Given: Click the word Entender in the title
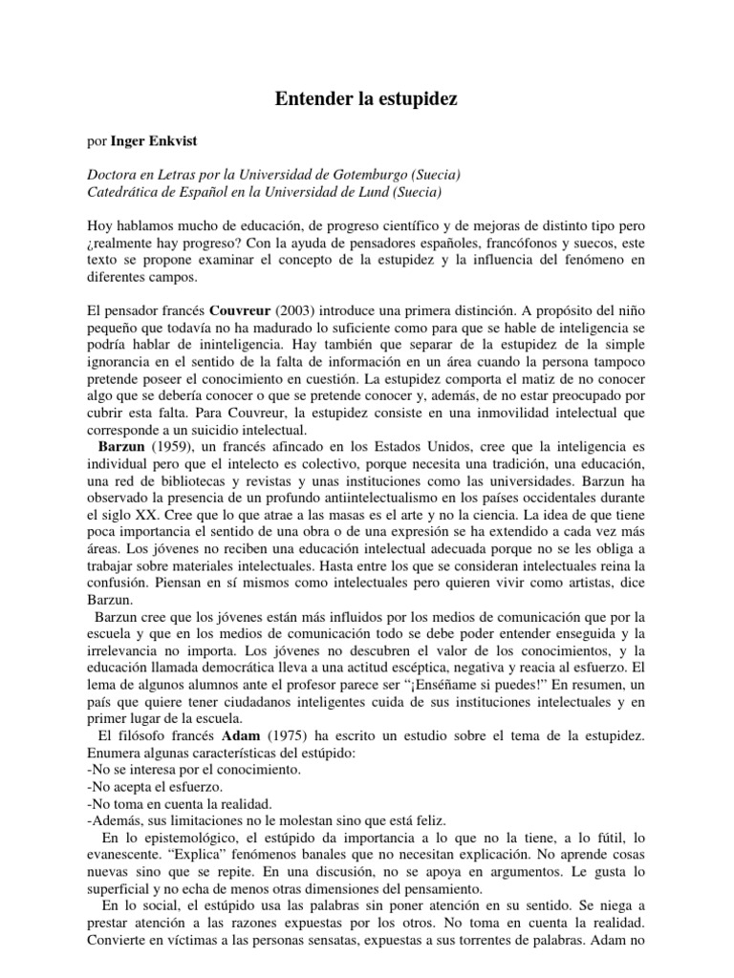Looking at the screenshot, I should (308, 98).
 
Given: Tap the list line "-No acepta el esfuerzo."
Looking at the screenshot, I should (154, 786).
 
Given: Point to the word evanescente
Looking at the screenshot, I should (124, 855).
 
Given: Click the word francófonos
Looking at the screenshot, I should (551, 244).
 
